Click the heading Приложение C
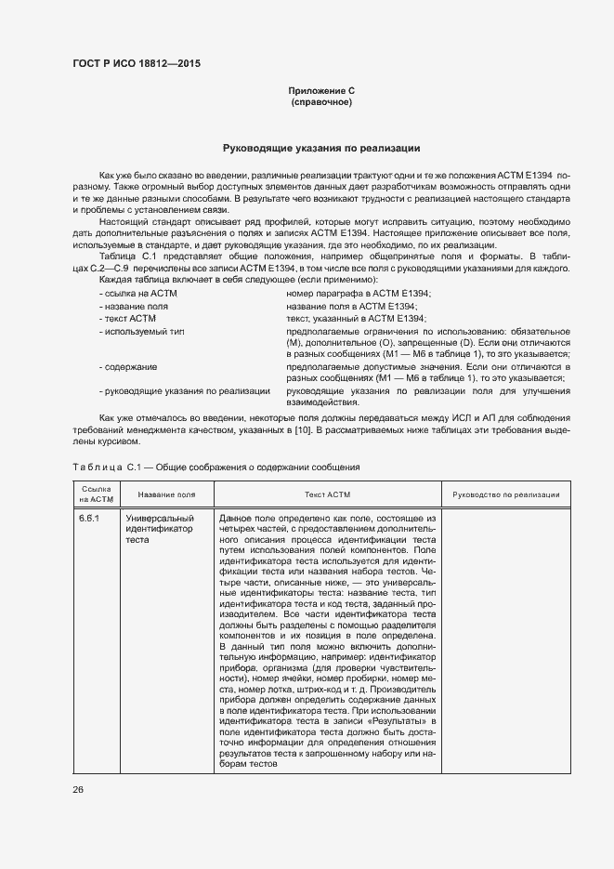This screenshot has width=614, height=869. pyautogui.click(x=321, y=90)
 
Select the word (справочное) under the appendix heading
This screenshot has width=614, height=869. pyautogui.click(x=321, y=101)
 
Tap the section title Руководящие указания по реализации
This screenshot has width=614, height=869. pyautogui.click(x=321, y=148)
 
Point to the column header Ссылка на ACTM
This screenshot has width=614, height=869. pyautogui.click(x=96, y=494)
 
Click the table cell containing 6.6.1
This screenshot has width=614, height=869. pyautogui.click(x=90, y=517)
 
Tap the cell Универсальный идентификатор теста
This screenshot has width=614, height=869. pyautogui.click(x=160, y=527)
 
